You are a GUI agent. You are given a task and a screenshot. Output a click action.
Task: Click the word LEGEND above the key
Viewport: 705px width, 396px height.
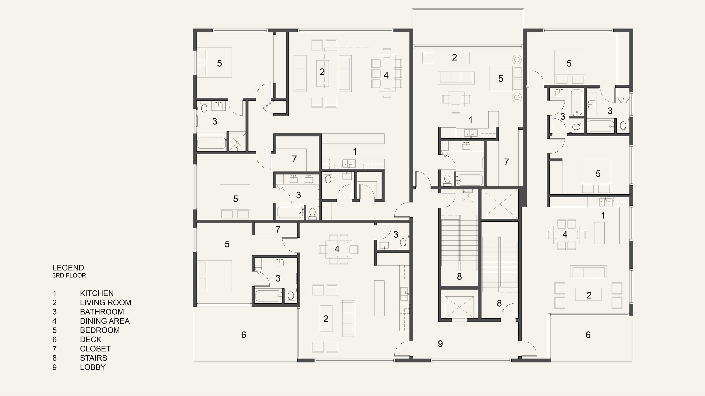tap(68, 268)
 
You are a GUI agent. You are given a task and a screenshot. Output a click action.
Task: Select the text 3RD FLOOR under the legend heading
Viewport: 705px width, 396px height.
tap(69, 275)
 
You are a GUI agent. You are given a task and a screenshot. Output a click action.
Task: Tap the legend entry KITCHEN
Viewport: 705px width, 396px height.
tap(97, 293)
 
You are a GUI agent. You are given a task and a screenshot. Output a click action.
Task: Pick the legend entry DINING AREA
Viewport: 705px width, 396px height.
tap(105, 321)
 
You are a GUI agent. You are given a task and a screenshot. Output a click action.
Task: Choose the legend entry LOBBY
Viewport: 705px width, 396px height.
tap(93, 367)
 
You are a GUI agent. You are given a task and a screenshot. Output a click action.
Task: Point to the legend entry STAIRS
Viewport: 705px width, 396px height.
tap(94, 358)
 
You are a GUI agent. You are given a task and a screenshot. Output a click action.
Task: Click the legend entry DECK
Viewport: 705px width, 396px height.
tap(91, 340)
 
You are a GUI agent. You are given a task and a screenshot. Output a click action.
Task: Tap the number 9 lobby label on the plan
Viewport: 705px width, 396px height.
tap(440, 344)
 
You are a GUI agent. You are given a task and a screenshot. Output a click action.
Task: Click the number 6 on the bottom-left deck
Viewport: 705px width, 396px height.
tap(244, 335)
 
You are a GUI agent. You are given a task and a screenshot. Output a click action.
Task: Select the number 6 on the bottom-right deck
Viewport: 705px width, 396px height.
tap(588, 335)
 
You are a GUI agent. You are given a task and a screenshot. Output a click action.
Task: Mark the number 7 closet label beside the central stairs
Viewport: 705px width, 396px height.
tap(506, 162)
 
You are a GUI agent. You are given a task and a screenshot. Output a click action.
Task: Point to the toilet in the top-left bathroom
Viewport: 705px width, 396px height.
tap(204, 107)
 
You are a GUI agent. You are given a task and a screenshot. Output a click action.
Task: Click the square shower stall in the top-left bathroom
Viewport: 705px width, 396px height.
tap(237, 141)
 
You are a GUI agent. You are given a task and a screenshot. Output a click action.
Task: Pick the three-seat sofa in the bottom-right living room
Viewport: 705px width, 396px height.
tap(588, 272)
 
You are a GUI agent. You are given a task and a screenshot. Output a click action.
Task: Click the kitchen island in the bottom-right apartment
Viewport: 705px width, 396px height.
tap(599, 233)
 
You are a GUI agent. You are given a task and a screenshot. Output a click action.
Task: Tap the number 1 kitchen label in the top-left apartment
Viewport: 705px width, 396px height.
tap(355, 152)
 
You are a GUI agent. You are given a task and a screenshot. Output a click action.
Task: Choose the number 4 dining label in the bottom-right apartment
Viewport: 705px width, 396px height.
tap(565, 234)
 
